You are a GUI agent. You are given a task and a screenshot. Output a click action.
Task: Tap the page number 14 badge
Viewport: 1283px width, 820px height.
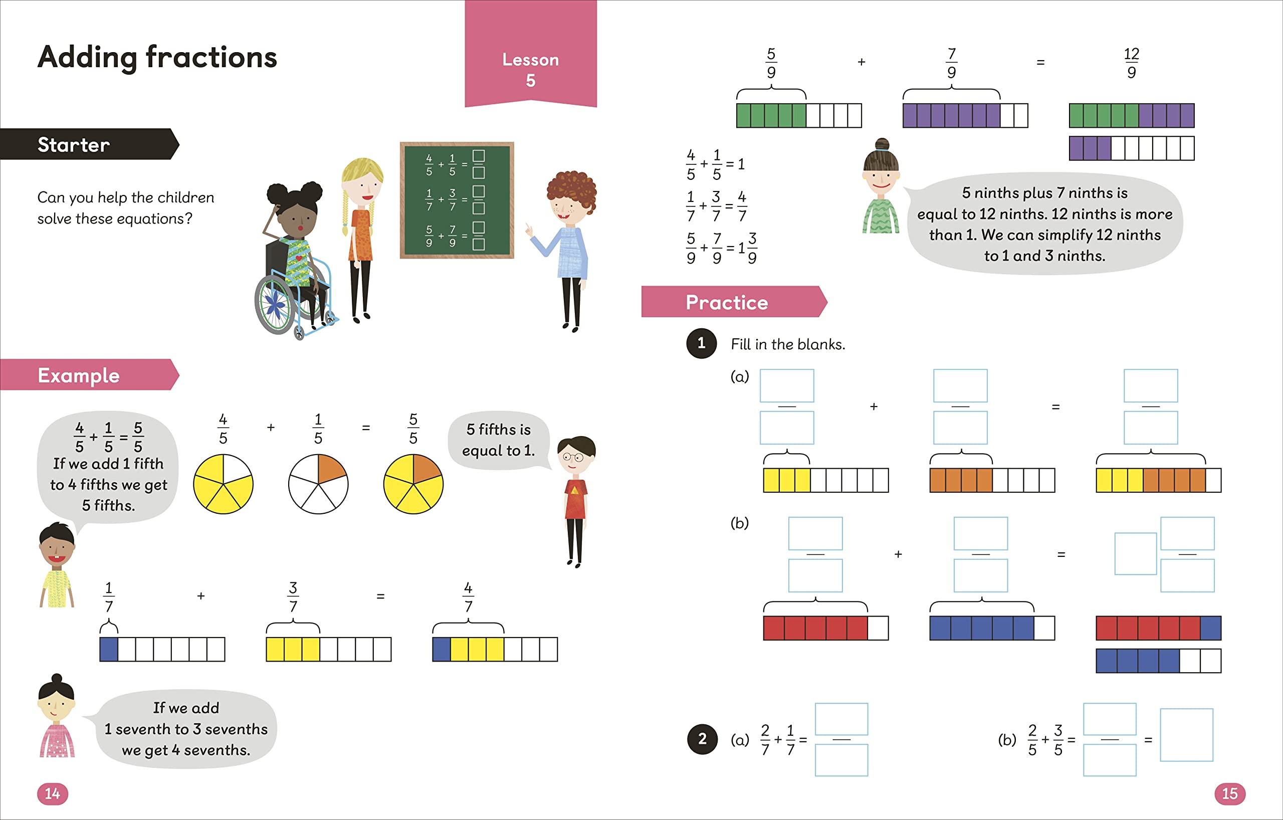pyautogui.click(x=52, y=793)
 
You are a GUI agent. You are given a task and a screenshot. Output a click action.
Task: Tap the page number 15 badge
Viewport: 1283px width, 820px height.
pyautogui.click(x=1229, y=793)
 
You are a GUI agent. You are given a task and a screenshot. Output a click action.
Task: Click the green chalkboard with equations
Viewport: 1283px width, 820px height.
pyautogui.click(x=457, y=200)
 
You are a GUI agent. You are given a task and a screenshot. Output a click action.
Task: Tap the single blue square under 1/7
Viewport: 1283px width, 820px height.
pyautogui.click(x=109, y=649)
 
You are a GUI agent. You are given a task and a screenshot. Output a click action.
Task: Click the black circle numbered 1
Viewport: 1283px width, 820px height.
pyautogui.click(x=701, y=343)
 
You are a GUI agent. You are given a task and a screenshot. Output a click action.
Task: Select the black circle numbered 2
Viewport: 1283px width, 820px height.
pyautogui.click(x=702, y=738)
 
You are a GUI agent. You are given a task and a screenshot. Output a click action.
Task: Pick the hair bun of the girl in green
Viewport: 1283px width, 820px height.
pyautogui.click(x=883, y=144)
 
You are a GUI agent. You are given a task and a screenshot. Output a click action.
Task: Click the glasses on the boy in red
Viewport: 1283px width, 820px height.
pyautogui.click(x=573, y=457)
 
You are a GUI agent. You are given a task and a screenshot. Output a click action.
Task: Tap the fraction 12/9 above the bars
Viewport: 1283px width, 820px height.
pyautogui.click(x=1131, y=62)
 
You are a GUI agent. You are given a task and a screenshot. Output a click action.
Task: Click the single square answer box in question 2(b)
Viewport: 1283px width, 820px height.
pyautogui.click(x=1187, y=735)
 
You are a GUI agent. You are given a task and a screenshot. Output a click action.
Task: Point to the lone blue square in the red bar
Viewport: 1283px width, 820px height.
pyautogui.click(x=1210, y=628)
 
